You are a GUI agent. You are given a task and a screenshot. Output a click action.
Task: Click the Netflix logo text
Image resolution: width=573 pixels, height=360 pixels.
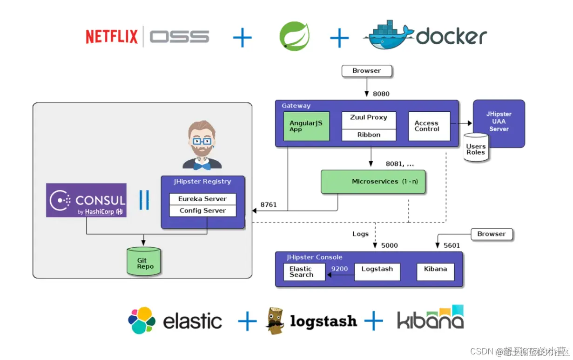112,36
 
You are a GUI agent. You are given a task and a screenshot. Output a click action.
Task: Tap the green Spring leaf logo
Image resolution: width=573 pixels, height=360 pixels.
294,36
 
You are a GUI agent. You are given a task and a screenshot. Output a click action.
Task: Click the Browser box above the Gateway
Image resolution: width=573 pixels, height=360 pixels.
367,71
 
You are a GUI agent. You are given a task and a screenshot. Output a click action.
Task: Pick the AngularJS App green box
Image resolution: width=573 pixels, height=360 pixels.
306,126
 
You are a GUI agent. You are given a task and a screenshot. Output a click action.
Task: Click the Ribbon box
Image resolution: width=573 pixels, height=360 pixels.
369,135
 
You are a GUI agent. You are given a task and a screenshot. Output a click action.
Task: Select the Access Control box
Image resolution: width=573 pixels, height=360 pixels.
429,126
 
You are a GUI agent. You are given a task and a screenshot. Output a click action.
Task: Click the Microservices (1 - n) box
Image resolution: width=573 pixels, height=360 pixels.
374,182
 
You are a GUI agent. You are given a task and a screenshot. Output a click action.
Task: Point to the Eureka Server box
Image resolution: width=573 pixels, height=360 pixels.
202,199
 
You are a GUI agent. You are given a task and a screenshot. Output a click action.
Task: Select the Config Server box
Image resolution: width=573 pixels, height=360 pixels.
202,211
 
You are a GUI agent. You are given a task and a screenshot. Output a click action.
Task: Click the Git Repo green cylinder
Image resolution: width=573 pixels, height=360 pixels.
144,263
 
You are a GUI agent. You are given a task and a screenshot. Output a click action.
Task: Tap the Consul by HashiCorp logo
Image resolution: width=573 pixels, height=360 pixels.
86,200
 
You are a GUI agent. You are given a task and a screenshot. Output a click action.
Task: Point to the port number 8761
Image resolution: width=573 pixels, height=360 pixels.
269,204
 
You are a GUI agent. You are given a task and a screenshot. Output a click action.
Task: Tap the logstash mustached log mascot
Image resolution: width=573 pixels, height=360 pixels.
275,320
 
